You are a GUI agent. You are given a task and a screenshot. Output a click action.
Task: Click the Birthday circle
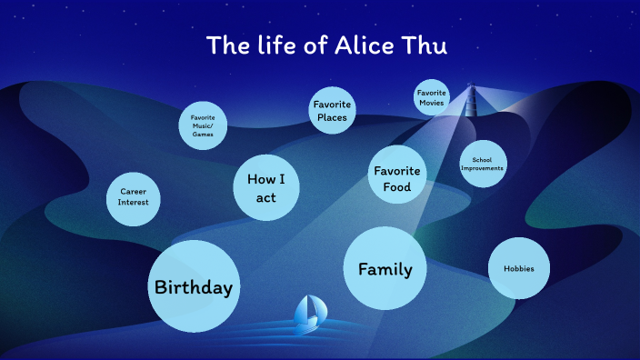point(194,286)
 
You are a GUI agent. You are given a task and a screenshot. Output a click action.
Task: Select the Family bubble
point(385,268)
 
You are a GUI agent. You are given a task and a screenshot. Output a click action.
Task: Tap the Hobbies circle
point(519,268)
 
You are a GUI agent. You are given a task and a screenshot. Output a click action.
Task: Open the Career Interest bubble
point(134,197)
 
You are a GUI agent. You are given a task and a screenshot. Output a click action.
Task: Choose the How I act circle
point(266,187)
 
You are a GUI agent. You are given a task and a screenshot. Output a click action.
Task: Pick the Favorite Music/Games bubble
point(203,126)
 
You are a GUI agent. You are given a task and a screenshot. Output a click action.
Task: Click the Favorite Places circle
point(332,111)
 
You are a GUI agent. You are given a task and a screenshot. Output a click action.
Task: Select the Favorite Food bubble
point(397,178)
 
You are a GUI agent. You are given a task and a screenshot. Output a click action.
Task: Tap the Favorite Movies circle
point(431,98)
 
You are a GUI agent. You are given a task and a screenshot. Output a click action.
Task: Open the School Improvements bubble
point(482,164)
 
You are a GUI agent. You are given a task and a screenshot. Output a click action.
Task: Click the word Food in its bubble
point(397,187)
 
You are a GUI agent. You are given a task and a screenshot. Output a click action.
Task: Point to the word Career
point(134,191)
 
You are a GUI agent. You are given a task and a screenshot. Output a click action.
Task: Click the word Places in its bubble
point(332,117)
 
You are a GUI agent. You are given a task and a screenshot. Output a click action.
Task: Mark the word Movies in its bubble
point(431,103)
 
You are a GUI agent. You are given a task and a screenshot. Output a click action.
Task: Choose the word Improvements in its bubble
point(482,168)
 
